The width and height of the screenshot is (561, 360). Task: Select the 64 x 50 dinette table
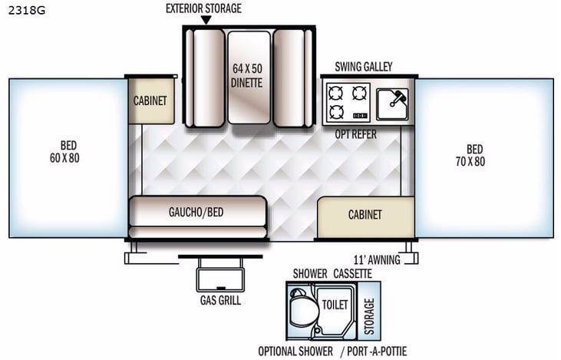click(x=249, y=77)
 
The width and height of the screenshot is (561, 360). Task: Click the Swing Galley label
click(x=363, y=67)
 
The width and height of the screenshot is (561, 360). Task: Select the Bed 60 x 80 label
click(x=69, y=152)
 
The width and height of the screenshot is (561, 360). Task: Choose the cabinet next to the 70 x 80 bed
click(x=365, y=216)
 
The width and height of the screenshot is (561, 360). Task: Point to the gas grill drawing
click(x=220, y=273)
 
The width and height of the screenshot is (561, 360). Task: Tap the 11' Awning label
click(x=377, y=259)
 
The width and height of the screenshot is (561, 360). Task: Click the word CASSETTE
click(x=353, y=273)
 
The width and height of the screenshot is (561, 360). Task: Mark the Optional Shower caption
click(x=295, y=352)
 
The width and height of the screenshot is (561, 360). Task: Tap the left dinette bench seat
click(x=208, y=77)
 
